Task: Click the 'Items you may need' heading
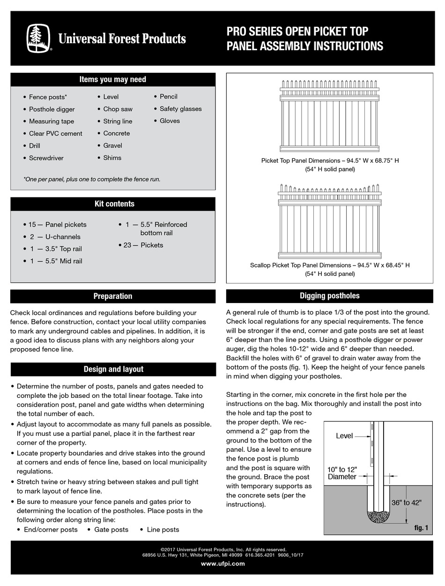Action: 113,79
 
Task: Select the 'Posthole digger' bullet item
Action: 52,109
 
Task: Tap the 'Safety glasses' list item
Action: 180,109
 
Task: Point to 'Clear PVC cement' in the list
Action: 55,133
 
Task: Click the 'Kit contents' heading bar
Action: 113,204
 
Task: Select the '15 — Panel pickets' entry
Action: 57,225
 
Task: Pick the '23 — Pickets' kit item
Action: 143,245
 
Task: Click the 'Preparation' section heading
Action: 113,296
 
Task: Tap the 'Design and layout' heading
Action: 113,369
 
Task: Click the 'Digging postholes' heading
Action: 329,296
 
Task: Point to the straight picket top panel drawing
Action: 329,116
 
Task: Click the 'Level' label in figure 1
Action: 344,436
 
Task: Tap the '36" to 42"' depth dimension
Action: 407,502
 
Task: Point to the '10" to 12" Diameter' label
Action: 342,473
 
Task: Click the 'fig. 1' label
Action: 421,528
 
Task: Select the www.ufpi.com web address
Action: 222,563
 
